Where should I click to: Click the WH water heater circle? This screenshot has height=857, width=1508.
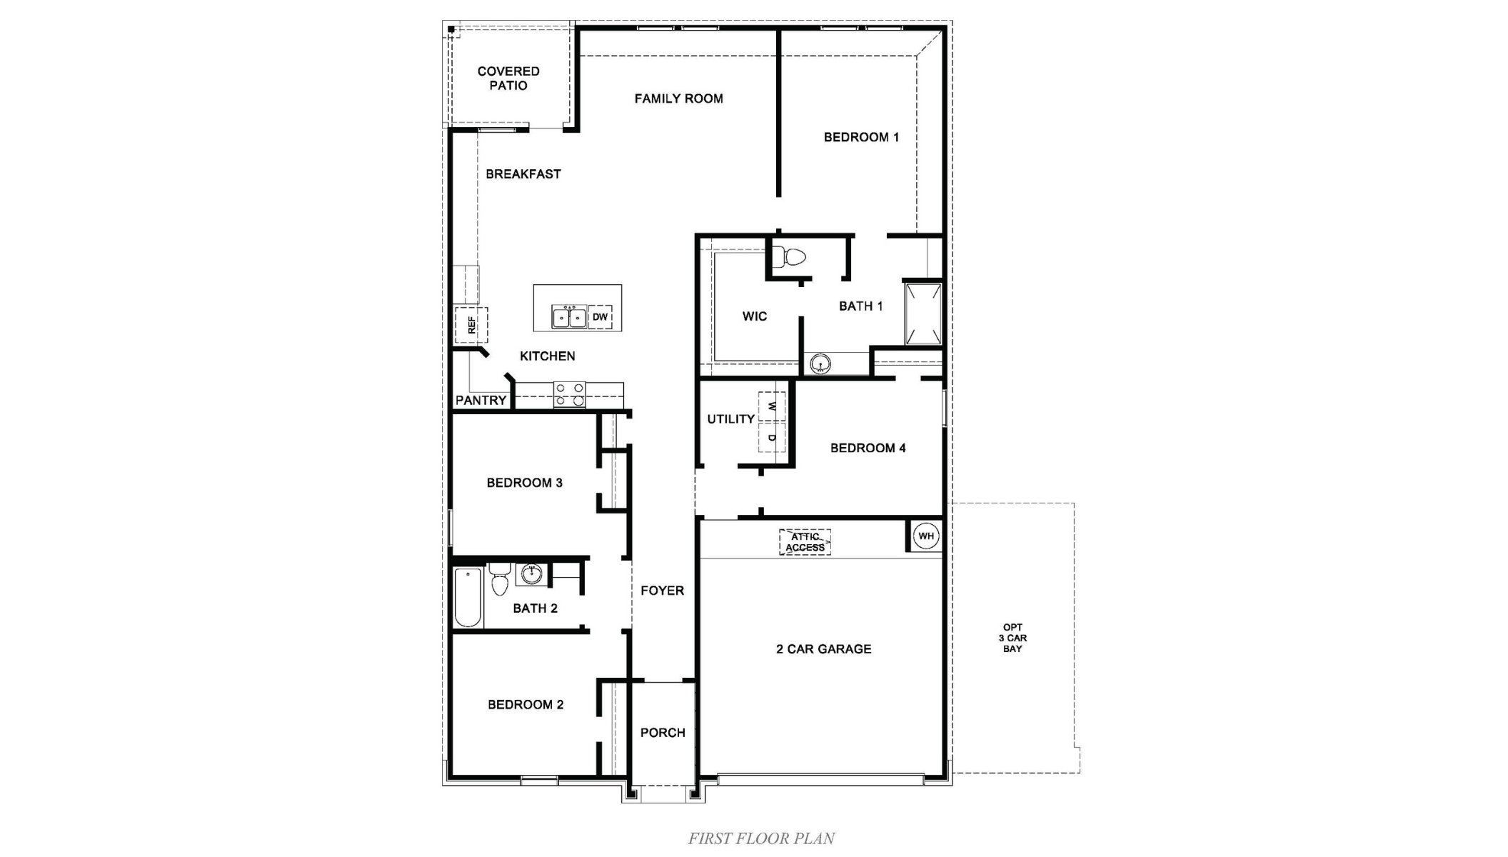click(925, 536)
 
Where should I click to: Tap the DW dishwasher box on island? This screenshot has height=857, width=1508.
click(600, 317)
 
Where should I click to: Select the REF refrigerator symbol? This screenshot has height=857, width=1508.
click(471, 325)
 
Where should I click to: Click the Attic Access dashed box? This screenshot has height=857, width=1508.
click(805, 542)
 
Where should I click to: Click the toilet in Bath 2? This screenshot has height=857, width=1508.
click(499, 580)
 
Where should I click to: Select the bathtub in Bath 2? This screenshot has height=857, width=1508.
click(468, 597)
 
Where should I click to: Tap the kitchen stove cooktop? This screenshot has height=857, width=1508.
click(570, 395)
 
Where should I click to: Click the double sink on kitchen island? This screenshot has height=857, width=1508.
click(569, 317)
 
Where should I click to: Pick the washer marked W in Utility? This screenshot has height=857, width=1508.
click(772, 406)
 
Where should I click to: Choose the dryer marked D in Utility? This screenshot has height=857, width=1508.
click(772, 437)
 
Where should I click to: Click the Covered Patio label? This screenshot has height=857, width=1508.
click(508, 79)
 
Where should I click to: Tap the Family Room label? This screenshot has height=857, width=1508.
click(678, 99)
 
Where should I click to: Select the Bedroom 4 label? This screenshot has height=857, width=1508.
click(868, 448)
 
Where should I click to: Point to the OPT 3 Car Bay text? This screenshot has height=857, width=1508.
click(1012, 638)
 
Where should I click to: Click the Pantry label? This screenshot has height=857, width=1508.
click(481, 401)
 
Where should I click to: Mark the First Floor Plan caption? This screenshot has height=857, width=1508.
click(761, 838)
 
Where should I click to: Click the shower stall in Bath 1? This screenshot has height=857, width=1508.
click(923, 314)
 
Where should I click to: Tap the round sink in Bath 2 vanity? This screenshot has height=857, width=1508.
click(531, 573)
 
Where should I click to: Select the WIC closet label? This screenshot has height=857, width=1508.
click(754, 316)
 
